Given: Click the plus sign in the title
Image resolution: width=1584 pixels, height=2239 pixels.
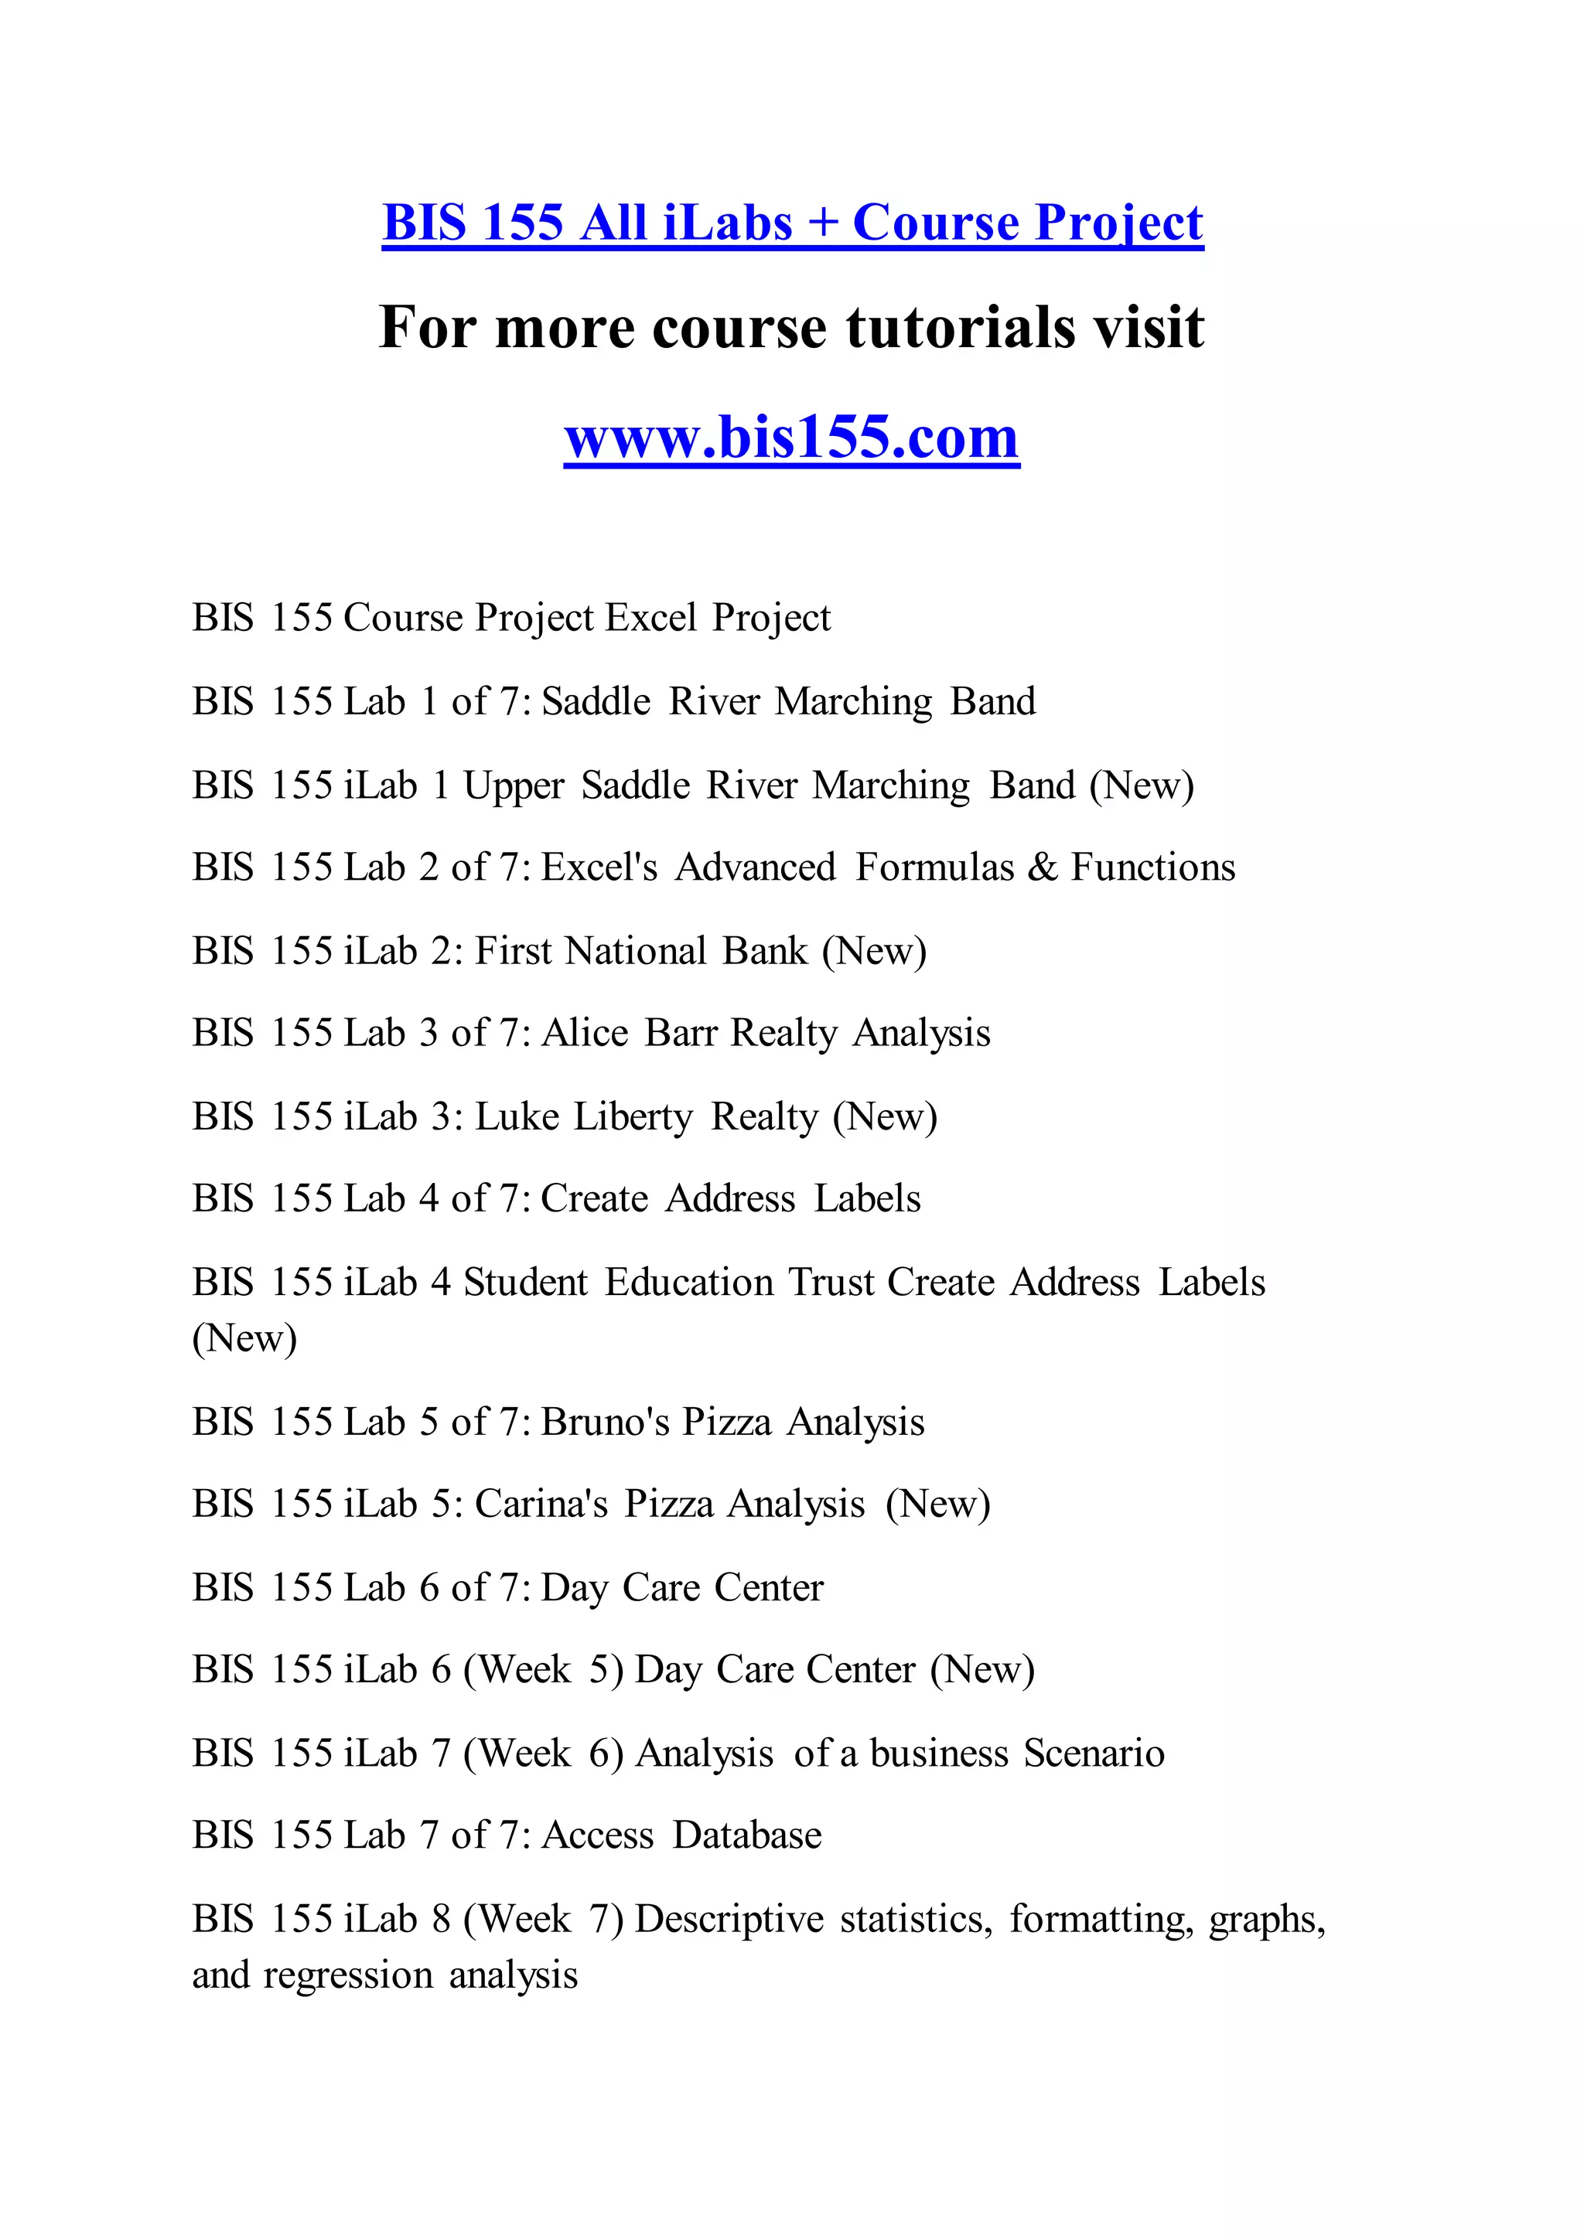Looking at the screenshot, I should [x=822, y=223].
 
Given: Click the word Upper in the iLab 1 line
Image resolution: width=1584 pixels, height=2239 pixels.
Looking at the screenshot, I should [x=513, y=785].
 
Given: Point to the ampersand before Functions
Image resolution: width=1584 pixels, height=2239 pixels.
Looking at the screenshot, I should [x=1043, y=867].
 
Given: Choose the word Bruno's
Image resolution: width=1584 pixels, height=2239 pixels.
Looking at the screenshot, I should [x=605, y=1422].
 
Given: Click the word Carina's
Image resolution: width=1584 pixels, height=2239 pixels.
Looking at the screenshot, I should [x=541, y=1504].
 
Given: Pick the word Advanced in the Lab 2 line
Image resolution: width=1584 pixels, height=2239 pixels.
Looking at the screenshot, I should [x=756, y=867].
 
